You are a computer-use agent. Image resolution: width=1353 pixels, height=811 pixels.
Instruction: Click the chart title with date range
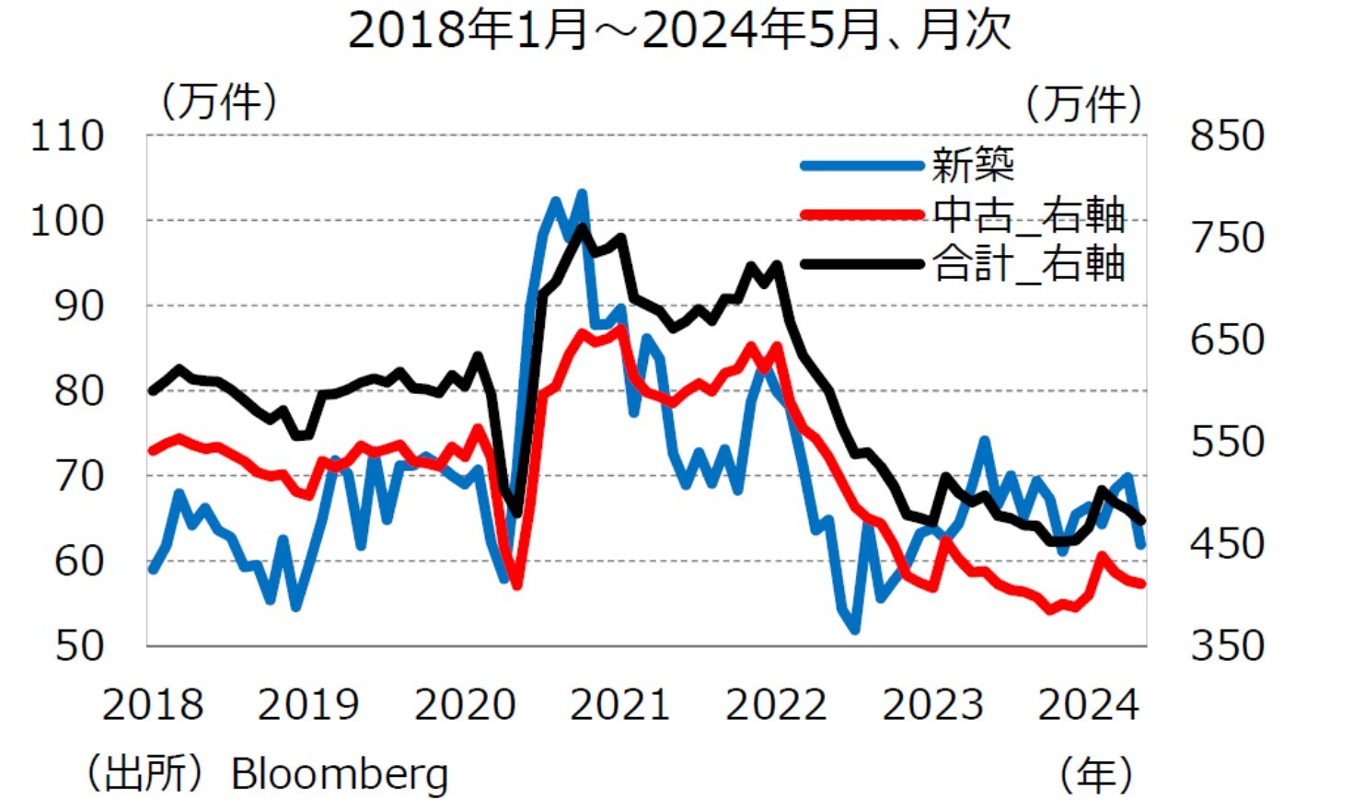pyautogui.click(x=679, y=29)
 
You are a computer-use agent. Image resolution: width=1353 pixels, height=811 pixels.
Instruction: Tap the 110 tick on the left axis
pyautogui.click(x=67, y=136)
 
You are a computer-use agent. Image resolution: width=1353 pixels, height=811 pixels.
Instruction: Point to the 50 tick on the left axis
pyautogui.click(x=79, y=645)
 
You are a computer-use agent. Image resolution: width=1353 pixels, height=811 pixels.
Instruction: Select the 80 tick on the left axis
pyautogui.click(x=79, y=391)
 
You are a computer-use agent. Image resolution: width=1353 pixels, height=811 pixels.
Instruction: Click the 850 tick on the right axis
pyautogui.click(x=1227, y=136)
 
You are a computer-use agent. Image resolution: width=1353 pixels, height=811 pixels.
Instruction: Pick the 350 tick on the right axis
pyautogui.click(x=1227, y=645)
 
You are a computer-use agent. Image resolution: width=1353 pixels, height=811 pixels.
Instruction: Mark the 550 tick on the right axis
pyautogui.click(x=1227, y=442)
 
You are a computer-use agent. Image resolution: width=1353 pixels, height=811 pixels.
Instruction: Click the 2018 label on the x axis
pyautogui.click(x=152, y=705)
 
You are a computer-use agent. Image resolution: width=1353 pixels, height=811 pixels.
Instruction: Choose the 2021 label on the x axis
pyautogui.click(x=619, y=705)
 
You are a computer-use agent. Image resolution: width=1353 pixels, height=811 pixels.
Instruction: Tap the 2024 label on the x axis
pyautogui.click(x=1088, y=705)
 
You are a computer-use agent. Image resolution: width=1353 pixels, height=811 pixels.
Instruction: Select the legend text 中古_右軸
pyautogui.click(x=1028, y=215)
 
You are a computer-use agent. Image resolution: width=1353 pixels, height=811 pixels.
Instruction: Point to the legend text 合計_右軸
pyautogui.click(x=1028, y=264)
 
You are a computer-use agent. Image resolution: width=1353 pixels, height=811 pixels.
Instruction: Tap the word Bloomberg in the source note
pyautogui.click(x=339, y=774)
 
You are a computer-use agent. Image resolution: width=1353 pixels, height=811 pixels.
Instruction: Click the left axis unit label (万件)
pyautogui.click(x=219, y=100)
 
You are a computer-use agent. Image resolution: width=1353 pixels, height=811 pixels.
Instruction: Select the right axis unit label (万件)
pyautogui.click(x=1083, y=103)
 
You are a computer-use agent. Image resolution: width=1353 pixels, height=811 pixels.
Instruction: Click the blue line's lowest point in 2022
pyautogui.click(x=855, y=630)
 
